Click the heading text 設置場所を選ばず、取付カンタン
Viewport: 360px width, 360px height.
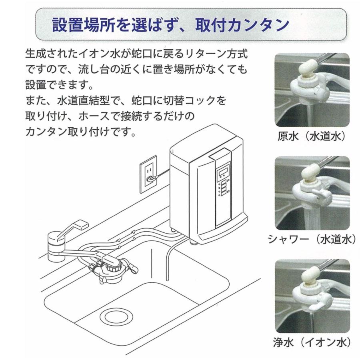[x=171, y=25]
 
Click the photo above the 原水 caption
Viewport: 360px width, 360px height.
[x=312, y=90]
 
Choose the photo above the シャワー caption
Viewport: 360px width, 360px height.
[x=312, y=193]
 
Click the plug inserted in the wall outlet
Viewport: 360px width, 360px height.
[x=150, y=179]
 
